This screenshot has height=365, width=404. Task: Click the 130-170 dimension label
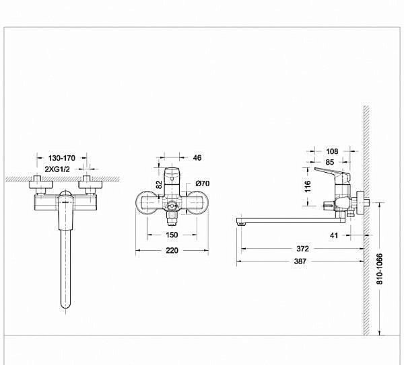[61, 156]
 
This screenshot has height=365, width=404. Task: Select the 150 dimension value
[172, 235]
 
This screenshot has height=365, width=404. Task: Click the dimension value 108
[332, 151]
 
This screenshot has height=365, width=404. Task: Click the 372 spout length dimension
[302, 249]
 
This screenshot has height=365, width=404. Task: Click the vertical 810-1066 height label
[382, 269]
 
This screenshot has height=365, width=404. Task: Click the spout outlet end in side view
[240, 220]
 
